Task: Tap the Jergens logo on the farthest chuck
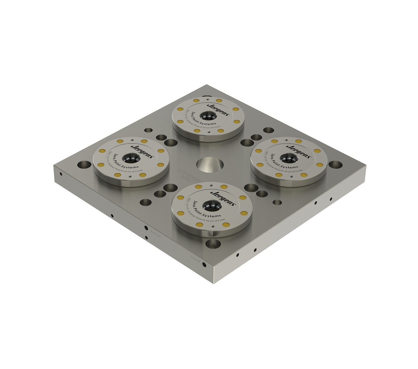tap(218, 109)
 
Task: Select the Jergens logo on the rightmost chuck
tap(299, 150)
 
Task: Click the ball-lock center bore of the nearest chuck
tap(211, 204)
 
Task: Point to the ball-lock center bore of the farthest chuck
tap(208, 117)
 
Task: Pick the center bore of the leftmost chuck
tap(131, 159)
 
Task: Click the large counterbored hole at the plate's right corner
tap(335, 164)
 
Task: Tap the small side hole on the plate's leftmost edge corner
tap(61, 174)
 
